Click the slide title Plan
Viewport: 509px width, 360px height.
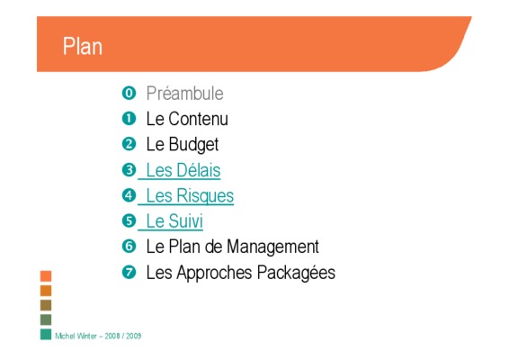click(x=83, y=46)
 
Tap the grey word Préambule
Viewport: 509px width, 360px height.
click(x=184, y=94)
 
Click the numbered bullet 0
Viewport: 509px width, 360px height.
click(x=129, y=94)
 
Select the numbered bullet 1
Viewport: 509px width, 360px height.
click(x=129, y=119)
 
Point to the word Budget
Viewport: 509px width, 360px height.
click(x=193, y=145)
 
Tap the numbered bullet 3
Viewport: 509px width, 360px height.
click(x=129, y=170)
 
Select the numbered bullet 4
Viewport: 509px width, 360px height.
click(x=129, y=195)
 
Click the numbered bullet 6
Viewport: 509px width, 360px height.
click(x=129, y=247)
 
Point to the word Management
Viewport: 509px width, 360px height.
click(x=272, y=247)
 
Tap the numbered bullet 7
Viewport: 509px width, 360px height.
click(x=129, y=272)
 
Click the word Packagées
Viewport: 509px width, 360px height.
click(x=296, y=273)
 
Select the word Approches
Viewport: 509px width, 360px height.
click(x=214, y=273)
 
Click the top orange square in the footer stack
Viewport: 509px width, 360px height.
click(x=46, y=276)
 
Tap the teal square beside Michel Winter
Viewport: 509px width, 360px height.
click(x=46, y=334)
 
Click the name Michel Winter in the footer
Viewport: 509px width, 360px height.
click(x=76, y=336)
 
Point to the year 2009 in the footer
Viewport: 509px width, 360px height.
click(x=133, y=336)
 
